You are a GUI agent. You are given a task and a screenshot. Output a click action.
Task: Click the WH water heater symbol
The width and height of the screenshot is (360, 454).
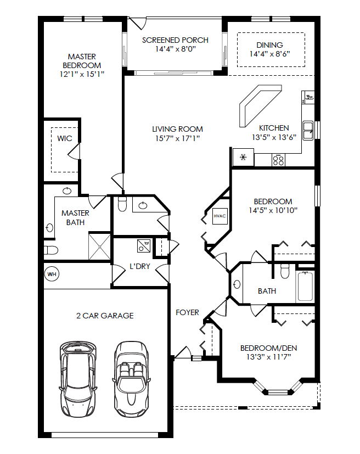pyautogui.click(x=52, y=273)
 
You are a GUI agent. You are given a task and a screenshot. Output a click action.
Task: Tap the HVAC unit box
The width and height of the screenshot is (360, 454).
pyautogui.click(x=219, y=216)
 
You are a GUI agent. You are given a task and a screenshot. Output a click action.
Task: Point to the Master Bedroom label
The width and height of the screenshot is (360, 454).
pyautogui.click(x=82, y=60)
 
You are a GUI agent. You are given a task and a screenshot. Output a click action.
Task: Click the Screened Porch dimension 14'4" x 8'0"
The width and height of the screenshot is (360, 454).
pyautogui.click(x=175, y=49)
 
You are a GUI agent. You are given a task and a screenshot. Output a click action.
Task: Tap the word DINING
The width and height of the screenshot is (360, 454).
pyautogui.click(x=269, y=45)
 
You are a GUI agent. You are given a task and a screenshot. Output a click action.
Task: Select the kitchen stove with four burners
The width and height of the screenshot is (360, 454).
pyautogui.click(x=278, y=159)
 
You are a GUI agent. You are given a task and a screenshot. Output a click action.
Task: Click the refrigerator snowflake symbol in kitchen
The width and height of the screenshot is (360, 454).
pyautogui.click(x=242, y=158)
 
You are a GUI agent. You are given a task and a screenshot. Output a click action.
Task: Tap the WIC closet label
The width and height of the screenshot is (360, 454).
pyautogui.click(x=65, y=138)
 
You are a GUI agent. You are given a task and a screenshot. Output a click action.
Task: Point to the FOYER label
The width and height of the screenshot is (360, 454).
pyautogui.click(x=187, y=312)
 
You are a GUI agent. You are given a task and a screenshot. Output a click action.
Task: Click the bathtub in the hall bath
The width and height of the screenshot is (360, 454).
pyautogui.click(x=306, y=287)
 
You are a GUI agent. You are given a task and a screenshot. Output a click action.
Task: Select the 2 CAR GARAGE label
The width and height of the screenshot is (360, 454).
pyautogui.click(x=105, y=316)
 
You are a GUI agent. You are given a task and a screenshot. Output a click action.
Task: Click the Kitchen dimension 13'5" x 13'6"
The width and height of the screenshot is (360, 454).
pyautogui.click(x=274, y=137)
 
